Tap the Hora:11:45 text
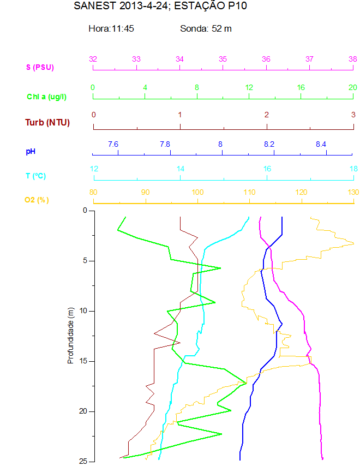(111, 28)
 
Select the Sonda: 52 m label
(206, 28)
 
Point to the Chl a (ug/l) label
(46, 97)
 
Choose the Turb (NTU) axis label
(47, 122)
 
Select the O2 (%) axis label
(37, 200)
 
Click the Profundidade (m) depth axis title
(70, 335)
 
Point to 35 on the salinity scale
(223, 59)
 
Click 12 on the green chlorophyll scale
(249, 87)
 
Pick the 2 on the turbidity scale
(266, 115)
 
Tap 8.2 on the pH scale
(269, 144)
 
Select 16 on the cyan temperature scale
(267, 169)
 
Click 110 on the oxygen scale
(249, 192)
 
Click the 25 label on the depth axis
(83, 462)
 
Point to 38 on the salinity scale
(353, 59)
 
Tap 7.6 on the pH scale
(113, 144)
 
